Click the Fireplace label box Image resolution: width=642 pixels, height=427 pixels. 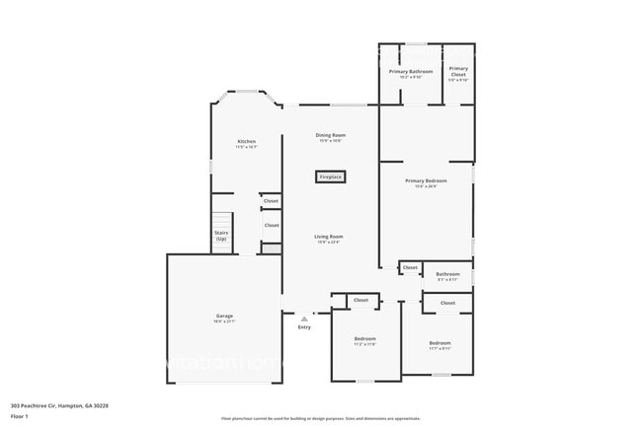(x=330, y=178)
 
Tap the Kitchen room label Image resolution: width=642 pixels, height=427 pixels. (x=246, y=141)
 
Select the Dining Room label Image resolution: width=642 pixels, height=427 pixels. (x=330, y=135)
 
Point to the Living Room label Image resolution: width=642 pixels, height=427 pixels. (x=329, y=237)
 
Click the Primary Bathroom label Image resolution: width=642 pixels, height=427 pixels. (x=411, y=71)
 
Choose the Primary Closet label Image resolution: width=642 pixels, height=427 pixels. (x=458, y=71)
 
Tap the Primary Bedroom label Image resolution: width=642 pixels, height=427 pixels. (x=426, y=181)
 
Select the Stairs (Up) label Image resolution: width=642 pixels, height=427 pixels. (x=221, y=236)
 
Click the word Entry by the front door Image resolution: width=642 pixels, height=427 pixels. (x=304, y=327)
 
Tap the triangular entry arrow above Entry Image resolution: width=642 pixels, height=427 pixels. (x=304, y=319)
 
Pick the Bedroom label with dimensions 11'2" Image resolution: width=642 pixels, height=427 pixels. (x=364, y=338)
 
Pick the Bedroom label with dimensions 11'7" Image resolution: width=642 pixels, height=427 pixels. (x=440, y=343)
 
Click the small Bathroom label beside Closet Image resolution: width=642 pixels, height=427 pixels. (x=447, y=274)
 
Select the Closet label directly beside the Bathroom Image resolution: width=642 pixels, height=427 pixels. (x=410, y=267)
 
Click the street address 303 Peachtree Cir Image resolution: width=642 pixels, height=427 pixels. (x=59, y=405)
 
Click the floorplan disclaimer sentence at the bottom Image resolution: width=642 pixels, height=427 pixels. (x=320, y=419)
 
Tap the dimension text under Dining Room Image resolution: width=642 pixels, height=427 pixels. (x=330, y=141)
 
